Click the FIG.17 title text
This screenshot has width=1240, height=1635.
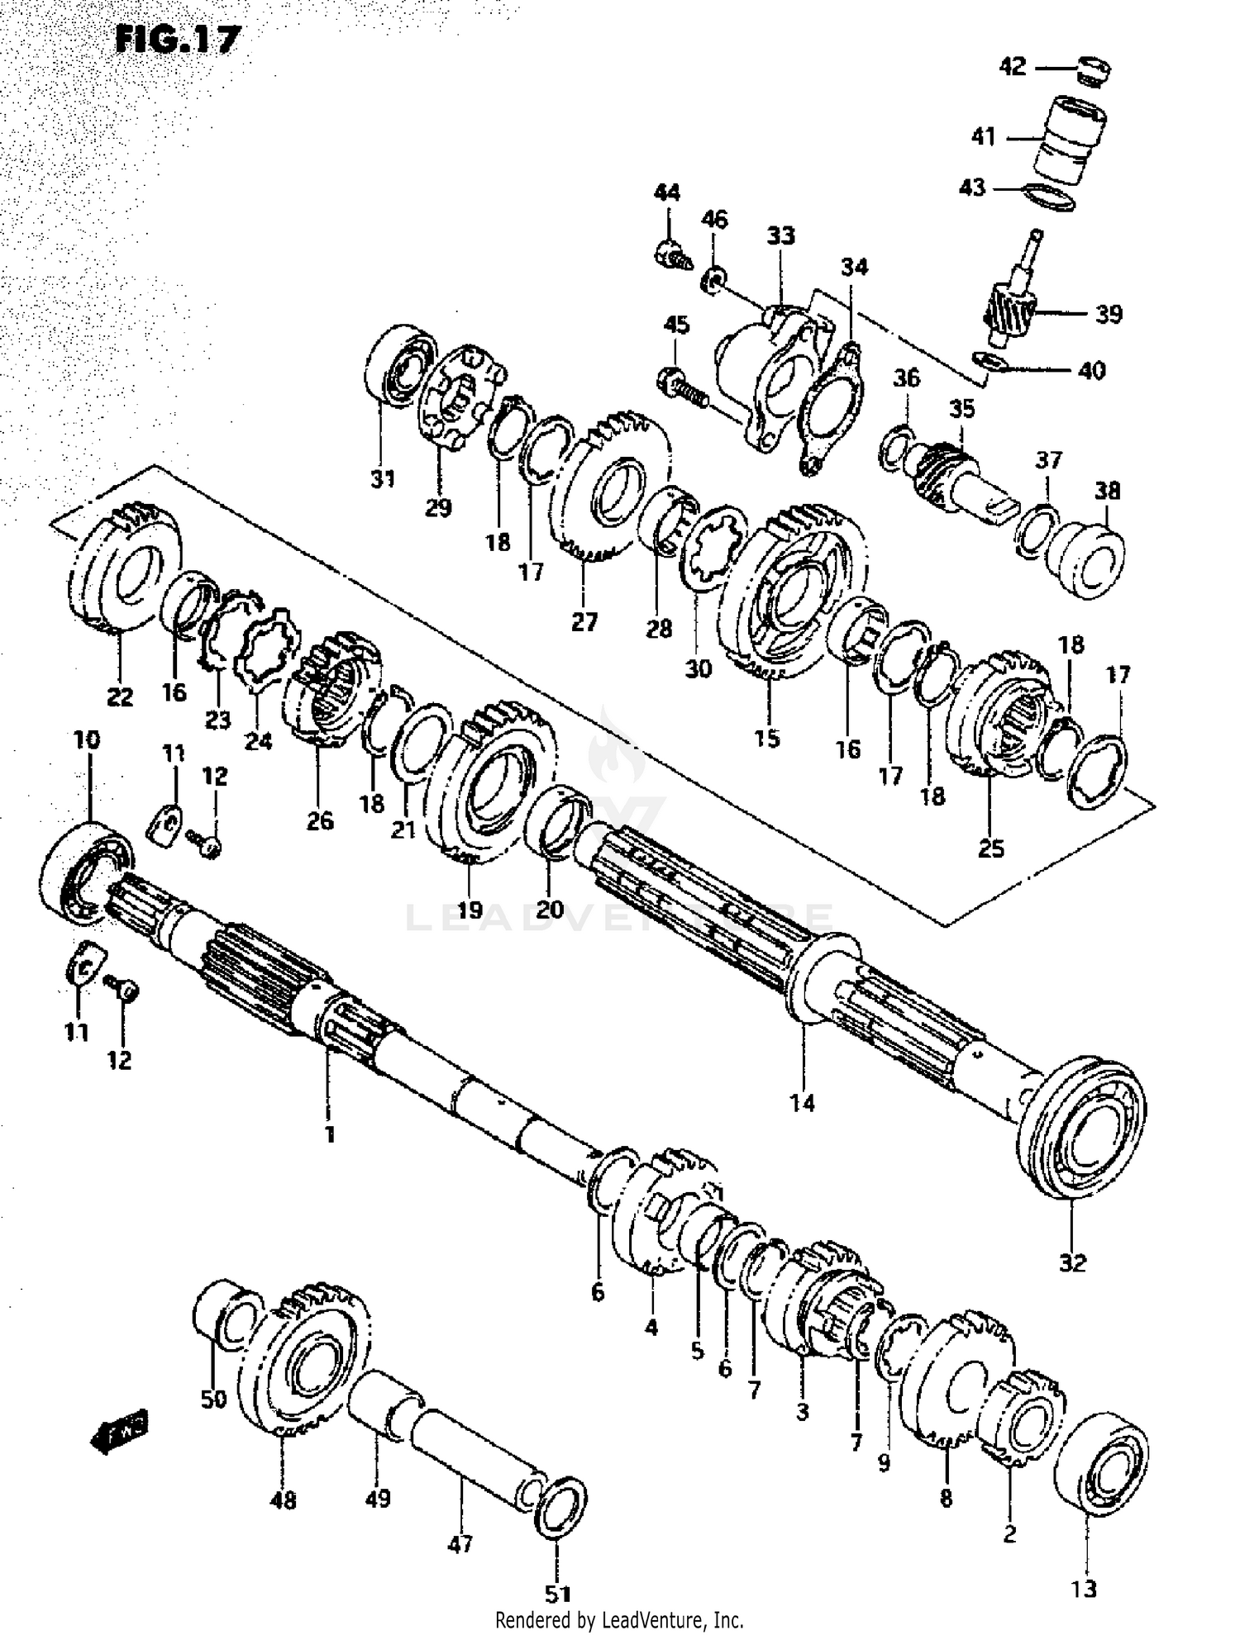point(177,39)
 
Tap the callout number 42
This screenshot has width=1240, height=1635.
point(1012,66)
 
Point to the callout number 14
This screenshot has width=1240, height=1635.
point(802,1102)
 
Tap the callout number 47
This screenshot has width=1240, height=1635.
point(460,1542)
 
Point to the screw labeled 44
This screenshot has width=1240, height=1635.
point(671,254)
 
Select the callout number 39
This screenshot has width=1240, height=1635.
point(1109,314)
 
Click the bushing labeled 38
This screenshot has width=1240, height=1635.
point(1087,557)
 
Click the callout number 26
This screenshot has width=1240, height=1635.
point(320,820)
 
